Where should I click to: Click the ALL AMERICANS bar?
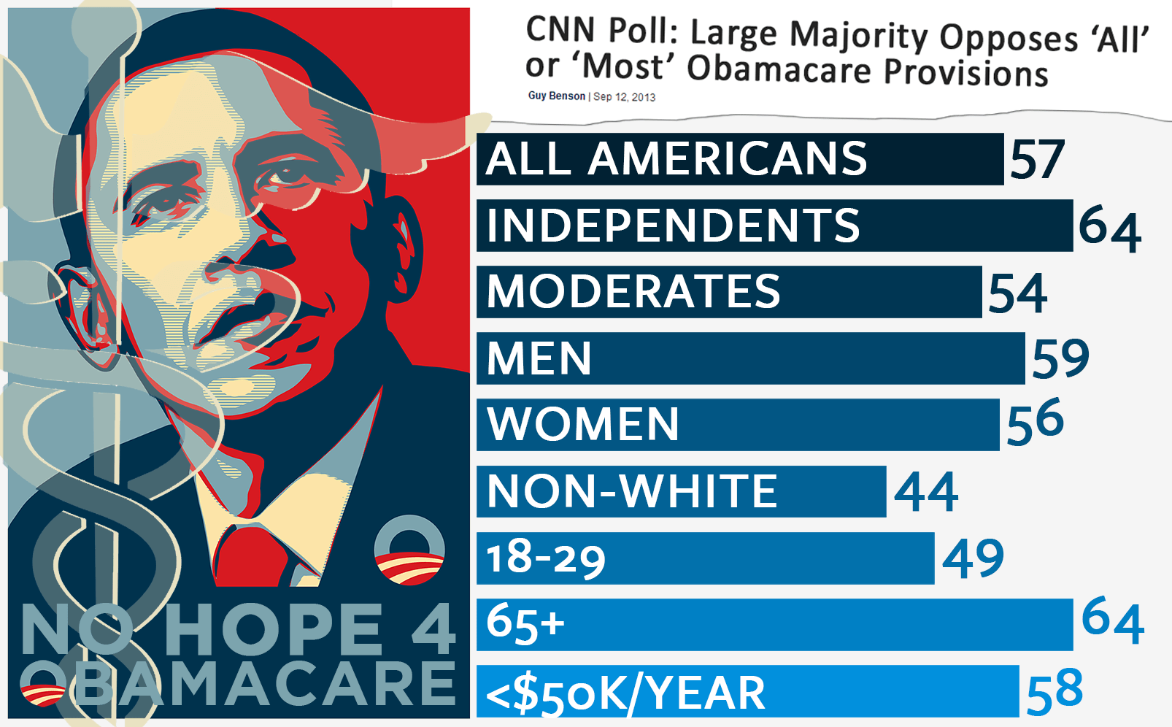click(x=740, y=159)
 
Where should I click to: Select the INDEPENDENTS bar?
click(x=774, y=226)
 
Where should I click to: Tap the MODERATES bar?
click(x=728, y=292)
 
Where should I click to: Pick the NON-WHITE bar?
click(x=681, y=491)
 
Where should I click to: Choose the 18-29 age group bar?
click(x=705, y=558)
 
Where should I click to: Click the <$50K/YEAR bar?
click(x=747, y=692)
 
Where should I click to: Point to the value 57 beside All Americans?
click(x=1037, y=160)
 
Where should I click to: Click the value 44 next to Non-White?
click(x=926, y=492)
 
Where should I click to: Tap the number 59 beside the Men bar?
click(x=1060, y=358)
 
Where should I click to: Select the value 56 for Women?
click(x=1036, y=422)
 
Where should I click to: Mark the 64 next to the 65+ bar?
click(x=1113, y=620)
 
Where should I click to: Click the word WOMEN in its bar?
click(x=583, y=425)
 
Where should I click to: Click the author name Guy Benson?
click(x=557, y=96)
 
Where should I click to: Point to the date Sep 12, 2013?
click(x=624, y=96)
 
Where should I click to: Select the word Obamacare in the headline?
click(x=779, y=70)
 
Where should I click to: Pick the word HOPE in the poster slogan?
click(x=274, y=629)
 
